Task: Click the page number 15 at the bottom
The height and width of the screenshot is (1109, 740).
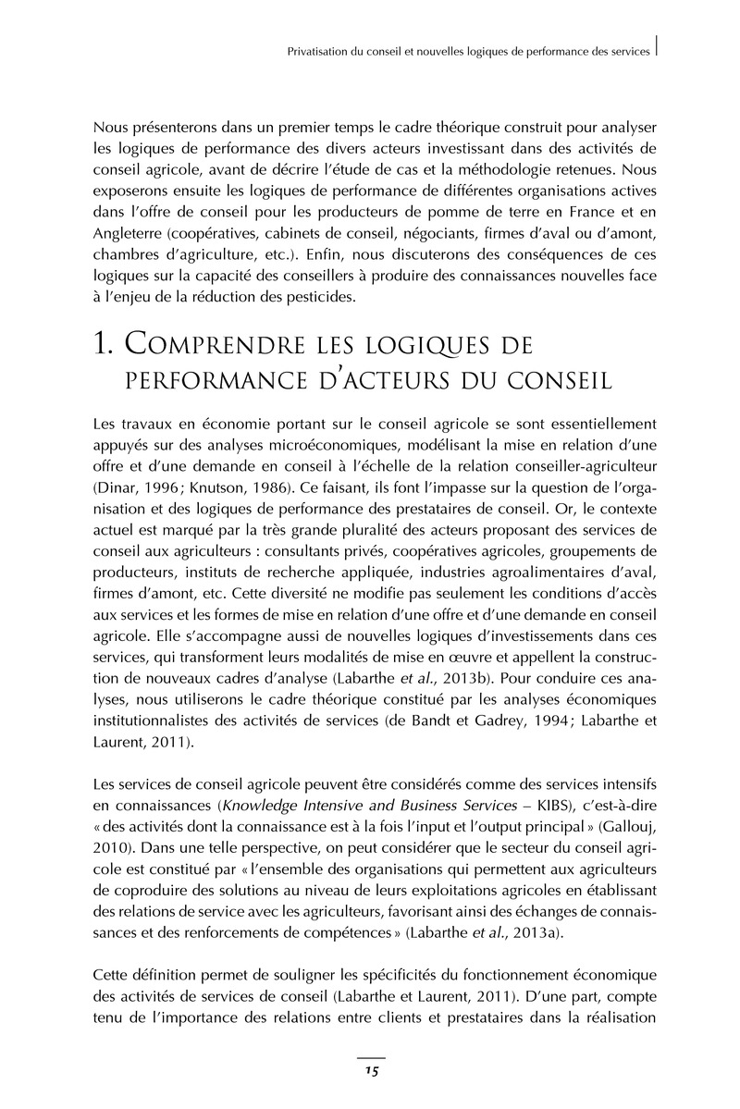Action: (x=370, y=1071)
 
